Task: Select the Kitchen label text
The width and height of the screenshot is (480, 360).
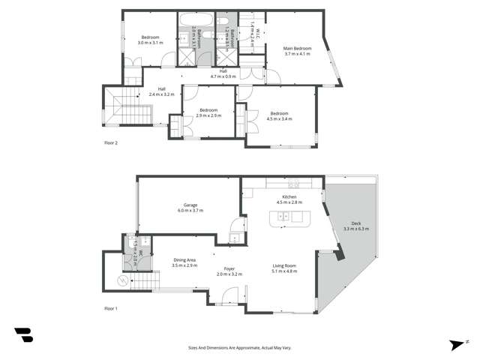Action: [289, 196]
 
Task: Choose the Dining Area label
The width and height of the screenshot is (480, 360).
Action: [184, 259]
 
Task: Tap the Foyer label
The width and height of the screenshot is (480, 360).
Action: [229, 268]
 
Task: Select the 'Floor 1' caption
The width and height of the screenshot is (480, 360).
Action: [112, 308]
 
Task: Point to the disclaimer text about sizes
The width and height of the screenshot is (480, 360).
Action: [240, 348]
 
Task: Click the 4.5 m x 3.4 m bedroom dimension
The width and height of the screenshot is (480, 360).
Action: [280, 118]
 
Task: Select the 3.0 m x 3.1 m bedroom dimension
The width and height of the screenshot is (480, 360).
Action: [150, 43]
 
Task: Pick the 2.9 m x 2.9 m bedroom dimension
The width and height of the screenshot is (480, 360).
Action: [208, 115]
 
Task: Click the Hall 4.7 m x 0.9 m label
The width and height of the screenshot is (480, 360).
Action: [223, 76]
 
